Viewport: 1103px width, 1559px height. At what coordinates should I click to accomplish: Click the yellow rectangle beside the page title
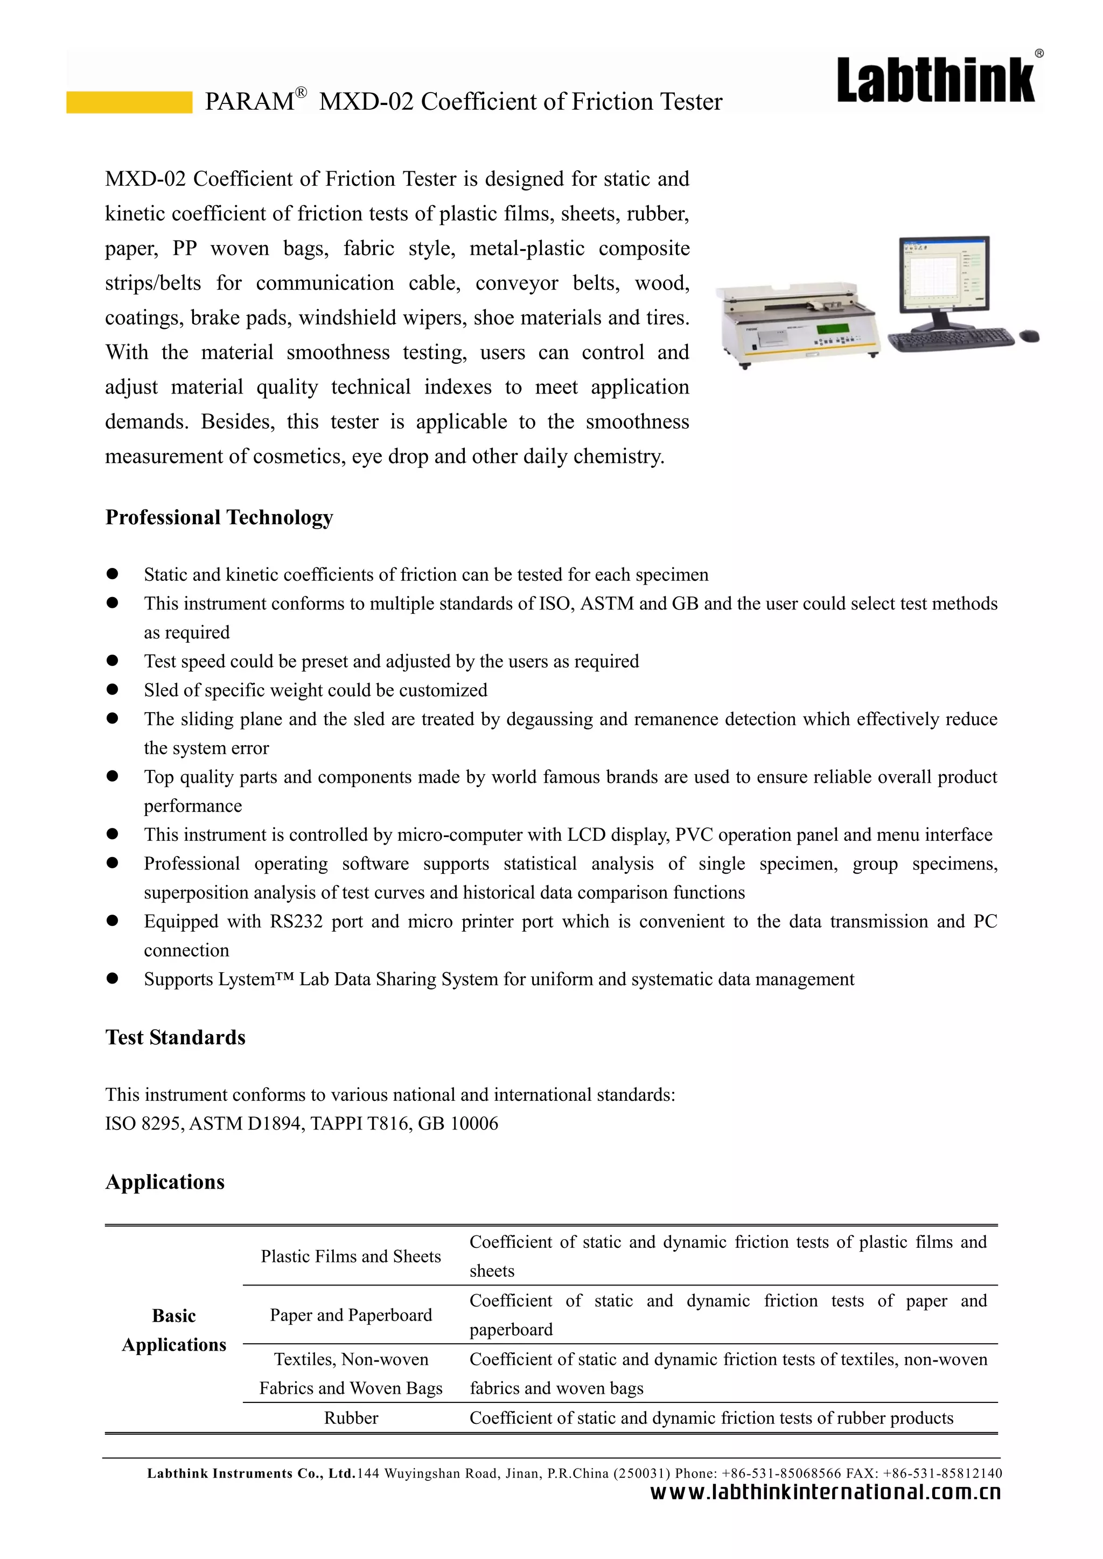129,102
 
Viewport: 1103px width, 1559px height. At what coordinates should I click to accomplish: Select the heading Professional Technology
219,517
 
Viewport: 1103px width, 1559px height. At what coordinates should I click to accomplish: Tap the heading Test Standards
175,1037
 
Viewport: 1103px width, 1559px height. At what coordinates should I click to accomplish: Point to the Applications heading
165,1182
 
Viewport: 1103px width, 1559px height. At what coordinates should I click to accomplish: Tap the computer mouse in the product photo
1029,335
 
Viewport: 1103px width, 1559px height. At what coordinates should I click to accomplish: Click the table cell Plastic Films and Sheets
351,1257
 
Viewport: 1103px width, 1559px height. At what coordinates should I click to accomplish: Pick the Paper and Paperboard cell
351,1315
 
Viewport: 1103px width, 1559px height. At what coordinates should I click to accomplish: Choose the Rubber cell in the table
351,1418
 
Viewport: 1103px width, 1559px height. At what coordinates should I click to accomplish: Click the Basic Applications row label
174,1330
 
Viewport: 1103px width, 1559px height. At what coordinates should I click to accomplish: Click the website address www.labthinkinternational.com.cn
825,1492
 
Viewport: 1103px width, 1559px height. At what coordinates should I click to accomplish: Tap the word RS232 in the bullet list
296,922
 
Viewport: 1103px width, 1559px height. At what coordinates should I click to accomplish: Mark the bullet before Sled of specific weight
113,690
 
